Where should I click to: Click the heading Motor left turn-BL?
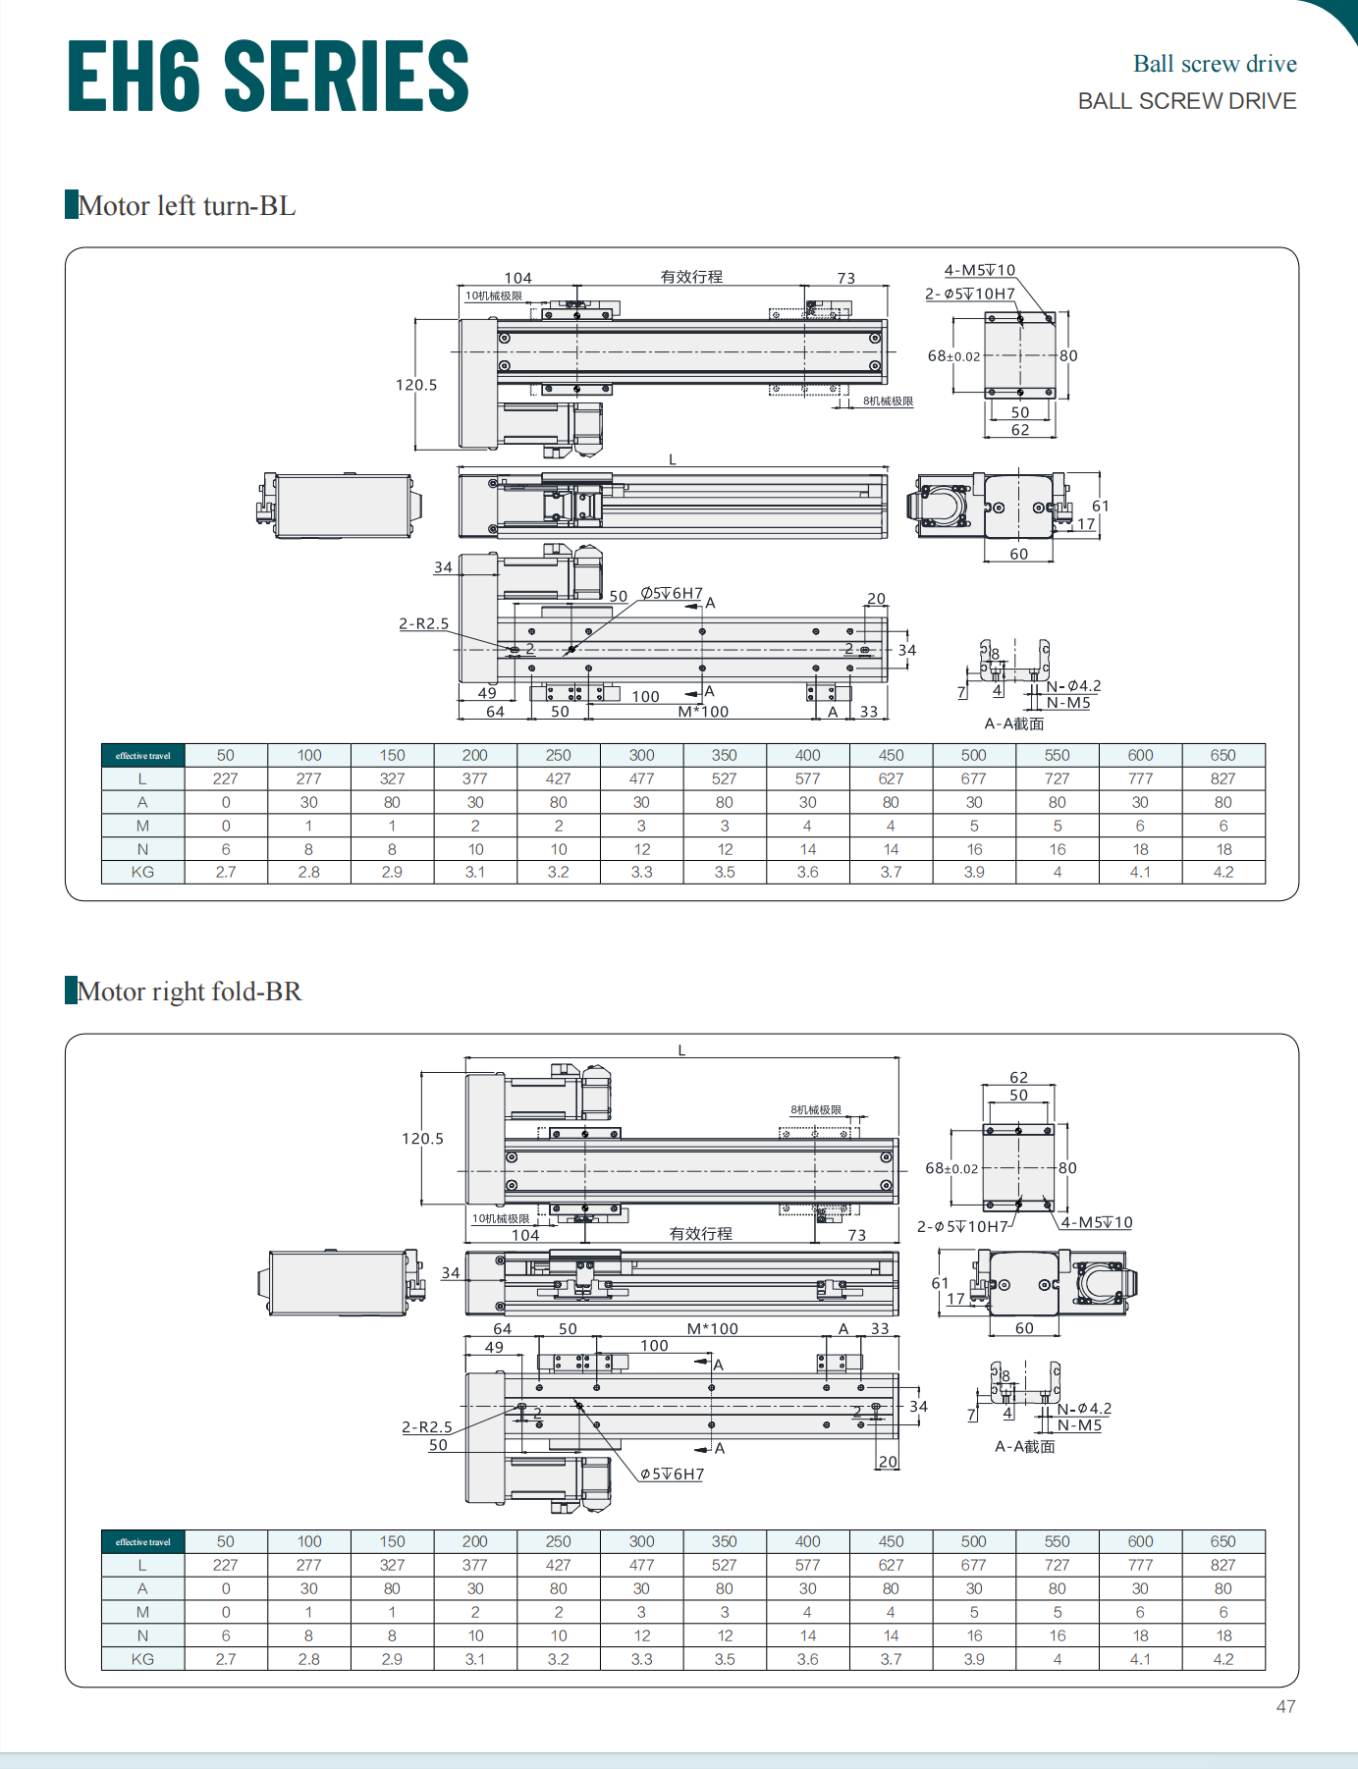tap(187, 206)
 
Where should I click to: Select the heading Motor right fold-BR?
tap(190, 992)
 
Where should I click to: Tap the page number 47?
tap(1285, 1707)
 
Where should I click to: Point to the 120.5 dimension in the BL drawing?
tap(416, 385)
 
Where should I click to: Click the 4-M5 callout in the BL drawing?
tap(979, 270)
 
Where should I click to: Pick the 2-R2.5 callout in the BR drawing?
tap(427, 1427)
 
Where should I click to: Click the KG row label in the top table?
tap(142, 872)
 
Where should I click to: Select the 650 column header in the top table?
tap(1222, 755)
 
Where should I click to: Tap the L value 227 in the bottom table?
tap(226, 1565)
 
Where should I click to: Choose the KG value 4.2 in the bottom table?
tap(1222, 1659)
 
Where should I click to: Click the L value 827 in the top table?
tap(1222, 778)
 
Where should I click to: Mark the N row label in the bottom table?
tap(142, 1635)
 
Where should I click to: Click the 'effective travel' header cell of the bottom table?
tap(142, 1541)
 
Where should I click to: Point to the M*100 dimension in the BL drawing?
tap(703, 712)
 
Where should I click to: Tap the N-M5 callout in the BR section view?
tap(1079, 1425)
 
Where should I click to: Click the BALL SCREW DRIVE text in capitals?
tap(1186, 101)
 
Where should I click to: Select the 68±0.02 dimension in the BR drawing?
tap(951, 1168)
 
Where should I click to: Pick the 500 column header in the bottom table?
tap(973, 1541)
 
